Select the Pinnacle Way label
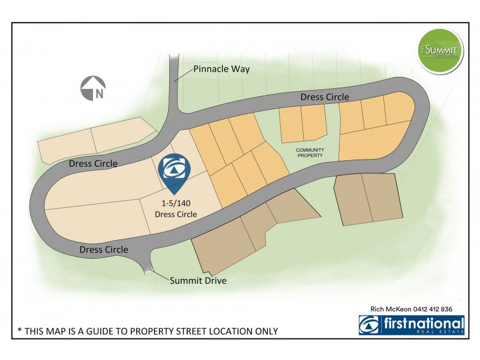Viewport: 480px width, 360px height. coord(221,69)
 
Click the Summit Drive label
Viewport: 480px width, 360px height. coord(197,280)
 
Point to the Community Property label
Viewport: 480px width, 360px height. coord(310,152)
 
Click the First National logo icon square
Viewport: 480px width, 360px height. coord(368,325)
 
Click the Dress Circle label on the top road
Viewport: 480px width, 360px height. coord(324,97)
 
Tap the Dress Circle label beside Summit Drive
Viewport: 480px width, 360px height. coord(104,249)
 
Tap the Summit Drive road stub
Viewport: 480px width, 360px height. coord(148,264)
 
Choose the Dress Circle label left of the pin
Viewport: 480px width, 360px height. coord(93,163)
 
